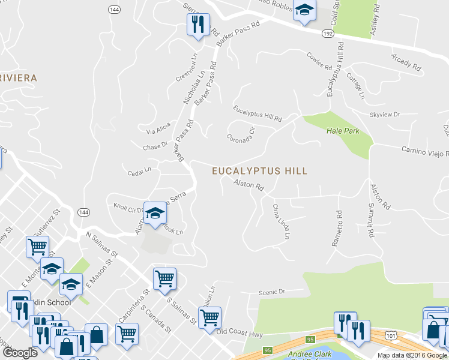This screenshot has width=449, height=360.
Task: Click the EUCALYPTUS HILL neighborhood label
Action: tap(259, 171)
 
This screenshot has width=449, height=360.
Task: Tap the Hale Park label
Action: tap(342, 131)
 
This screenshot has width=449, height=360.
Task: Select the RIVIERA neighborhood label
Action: tap(18, 78)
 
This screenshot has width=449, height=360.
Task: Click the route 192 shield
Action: tap(327, 34)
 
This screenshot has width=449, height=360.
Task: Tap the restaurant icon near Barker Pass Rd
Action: tap(197, 25)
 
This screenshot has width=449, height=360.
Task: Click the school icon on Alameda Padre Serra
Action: tap(155, 214)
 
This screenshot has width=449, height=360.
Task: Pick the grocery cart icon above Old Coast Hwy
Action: tap(209, 318)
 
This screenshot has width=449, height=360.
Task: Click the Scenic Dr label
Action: tap(272, 292)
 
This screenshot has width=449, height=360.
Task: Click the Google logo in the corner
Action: tap(20, 353)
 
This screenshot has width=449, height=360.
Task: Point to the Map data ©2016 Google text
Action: tap(412, 355)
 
